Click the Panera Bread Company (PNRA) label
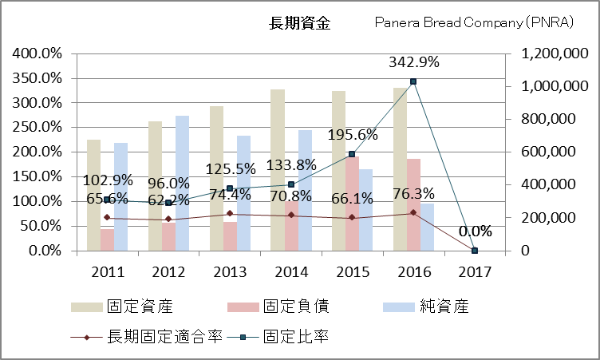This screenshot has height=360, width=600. (475, 23)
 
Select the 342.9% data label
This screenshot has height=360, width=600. (413, 61)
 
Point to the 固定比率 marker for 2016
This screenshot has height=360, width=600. (413, 81)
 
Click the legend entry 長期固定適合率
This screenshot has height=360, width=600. (160, 337)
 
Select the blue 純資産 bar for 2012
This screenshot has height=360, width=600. (183, 183)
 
